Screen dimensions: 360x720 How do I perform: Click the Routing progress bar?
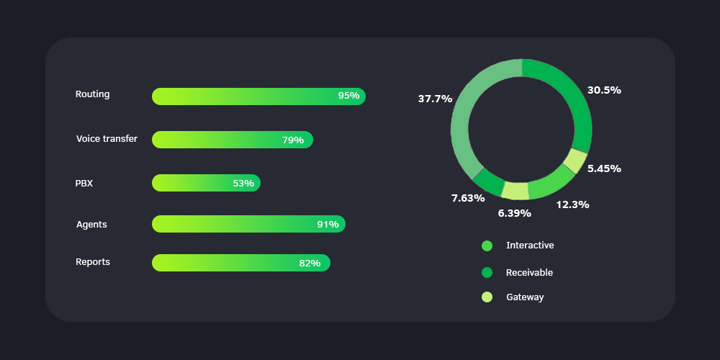[258, 96]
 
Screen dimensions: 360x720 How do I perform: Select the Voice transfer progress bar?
[232, 140]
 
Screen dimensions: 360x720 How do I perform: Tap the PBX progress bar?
[206, 183]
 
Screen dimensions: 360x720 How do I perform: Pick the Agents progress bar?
[248, 224]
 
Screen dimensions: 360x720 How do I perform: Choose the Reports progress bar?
[240, 263]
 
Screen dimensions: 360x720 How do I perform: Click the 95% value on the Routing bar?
[348, 96]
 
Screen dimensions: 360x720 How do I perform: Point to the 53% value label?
[243, 184]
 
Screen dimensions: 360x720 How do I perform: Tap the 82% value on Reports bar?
[310, 264]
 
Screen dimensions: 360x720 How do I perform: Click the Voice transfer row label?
[107, 139]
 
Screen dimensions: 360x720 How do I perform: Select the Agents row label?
[91, 225]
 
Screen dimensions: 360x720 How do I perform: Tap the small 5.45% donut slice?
[575, 160]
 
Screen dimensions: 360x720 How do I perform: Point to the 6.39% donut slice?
[516, 191]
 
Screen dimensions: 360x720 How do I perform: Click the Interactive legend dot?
[487, 246]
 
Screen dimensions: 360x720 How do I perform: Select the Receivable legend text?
[529, 273]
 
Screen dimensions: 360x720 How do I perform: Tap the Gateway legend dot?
[487, 297]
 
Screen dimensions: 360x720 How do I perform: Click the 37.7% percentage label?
[435, 99]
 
